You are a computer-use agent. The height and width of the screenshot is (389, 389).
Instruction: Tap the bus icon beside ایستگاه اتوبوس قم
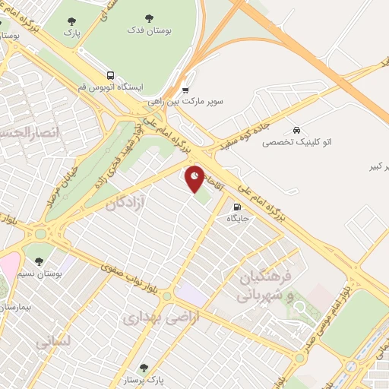(111, 76)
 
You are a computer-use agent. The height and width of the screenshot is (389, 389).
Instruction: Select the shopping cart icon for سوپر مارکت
(185, 90)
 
